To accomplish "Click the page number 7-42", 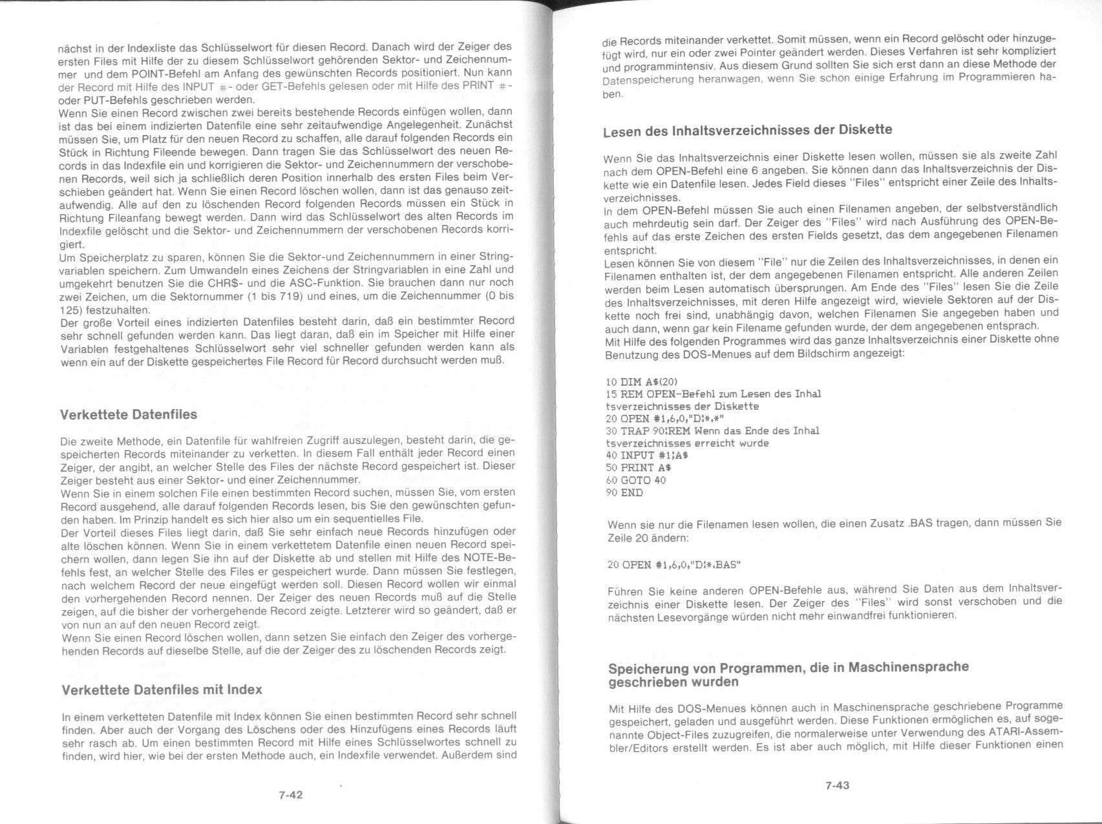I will (291, 795).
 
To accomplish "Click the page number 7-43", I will (837, 785).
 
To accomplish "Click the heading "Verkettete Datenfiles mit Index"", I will (162, 690).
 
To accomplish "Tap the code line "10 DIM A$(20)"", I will (642, 382).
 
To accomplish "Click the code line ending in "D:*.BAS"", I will (675, 565).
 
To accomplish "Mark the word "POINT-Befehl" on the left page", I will (160, 73).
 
